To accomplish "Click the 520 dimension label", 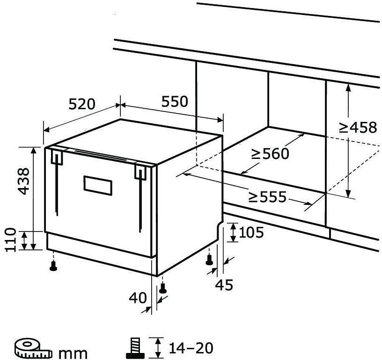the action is tap(82, 104).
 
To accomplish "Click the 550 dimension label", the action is tap(175, 101).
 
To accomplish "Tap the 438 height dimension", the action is tap(24, 181).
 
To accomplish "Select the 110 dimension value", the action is tap(11, 240).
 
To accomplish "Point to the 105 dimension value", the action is tap(251, 232).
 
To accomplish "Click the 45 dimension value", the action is tap(224, 285).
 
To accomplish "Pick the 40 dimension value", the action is tap(138, 298).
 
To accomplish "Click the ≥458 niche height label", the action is tap(358, 127).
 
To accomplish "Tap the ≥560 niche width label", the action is tap(270, 154).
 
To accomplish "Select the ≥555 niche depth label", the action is tap(267, 197).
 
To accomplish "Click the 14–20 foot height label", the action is tap(191, 348).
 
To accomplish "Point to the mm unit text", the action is tap(73, 352).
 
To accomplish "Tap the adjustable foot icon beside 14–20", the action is tap(135, 347).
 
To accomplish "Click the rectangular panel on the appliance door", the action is tap(98, 186).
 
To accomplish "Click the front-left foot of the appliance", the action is tap(53, 266).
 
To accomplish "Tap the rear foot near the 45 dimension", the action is tap(209, 260).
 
